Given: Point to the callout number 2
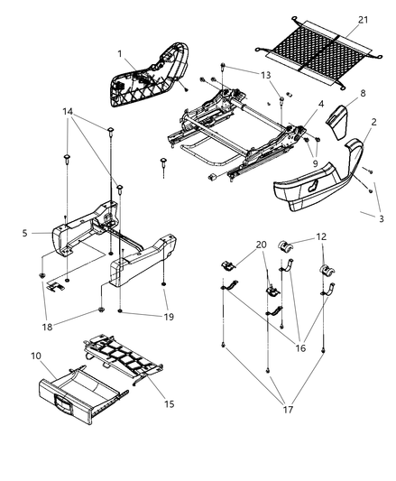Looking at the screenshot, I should click(x=373, y=123).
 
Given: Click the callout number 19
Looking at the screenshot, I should click(x=169, y=319).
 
